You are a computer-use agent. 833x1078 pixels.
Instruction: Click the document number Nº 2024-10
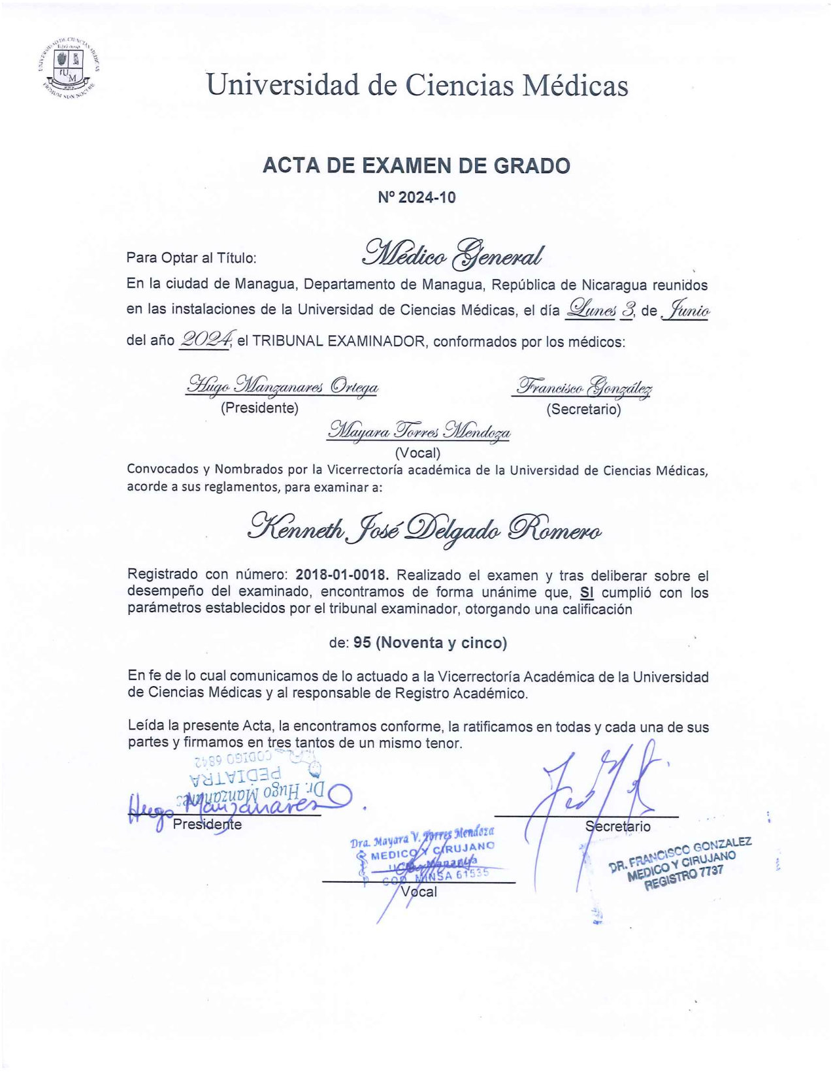pos(416,198)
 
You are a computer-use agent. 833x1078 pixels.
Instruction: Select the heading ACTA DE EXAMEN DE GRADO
pos(416,166)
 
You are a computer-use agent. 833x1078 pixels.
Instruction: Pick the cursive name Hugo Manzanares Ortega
pos(282,386)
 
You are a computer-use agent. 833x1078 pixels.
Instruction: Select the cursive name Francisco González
pos(583,387)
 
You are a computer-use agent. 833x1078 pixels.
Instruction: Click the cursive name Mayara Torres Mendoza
pos(419,431)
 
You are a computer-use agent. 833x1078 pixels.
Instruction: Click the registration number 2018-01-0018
pos(342,576)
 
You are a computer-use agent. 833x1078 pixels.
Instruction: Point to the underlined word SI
pos(587,593)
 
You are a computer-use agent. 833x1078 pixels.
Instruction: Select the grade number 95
pos(362,643)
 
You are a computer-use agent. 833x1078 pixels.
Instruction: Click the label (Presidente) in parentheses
pos(259,408)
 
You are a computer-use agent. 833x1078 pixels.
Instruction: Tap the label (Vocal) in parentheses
pos(417,453)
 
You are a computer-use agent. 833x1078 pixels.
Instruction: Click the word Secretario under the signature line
pos(617,826)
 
